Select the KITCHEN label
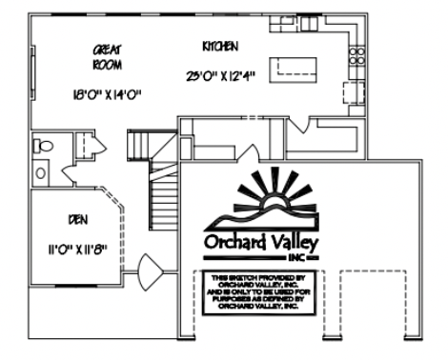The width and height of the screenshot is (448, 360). point(220,46)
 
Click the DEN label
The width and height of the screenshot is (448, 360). point(78,219)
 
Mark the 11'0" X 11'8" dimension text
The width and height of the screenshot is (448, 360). point(77,250)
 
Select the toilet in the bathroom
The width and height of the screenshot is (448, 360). point(43,147)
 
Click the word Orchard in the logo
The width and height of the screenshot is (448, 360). point(240,242)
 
